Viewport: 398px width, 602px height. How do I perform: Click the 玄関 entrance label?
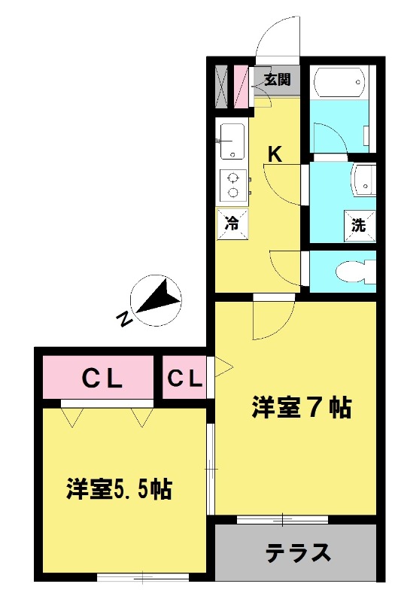276,80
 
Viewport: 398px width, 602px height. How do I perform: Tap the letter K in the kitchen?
275,155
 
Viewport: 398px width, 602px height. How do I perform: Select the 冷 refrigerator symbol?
233,223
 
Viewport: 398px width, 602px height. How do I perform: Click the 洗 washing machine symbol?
359,223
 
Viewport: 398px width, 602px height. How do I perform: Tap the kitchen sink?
232,139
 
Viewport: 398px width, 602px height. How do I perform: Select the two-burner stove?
233,185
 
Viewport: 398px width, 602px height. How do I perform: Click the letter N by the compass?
123,320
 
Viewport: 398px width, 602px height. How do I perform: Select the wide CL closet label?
102,379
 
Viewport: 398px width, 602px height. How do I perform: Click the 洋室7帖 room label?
301,407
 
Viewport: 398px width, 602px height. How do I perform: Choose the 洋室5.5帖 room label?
119,490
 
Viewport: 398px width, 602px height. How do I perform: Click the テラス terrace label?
298,553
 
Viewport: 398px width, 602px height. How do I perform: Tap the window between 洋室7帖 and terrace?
282,518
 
